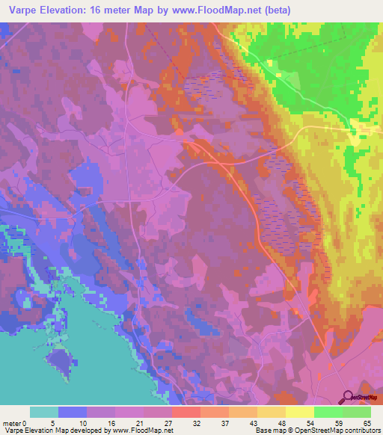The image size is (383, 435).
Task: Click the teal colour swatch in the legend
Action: coord(45,412)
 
